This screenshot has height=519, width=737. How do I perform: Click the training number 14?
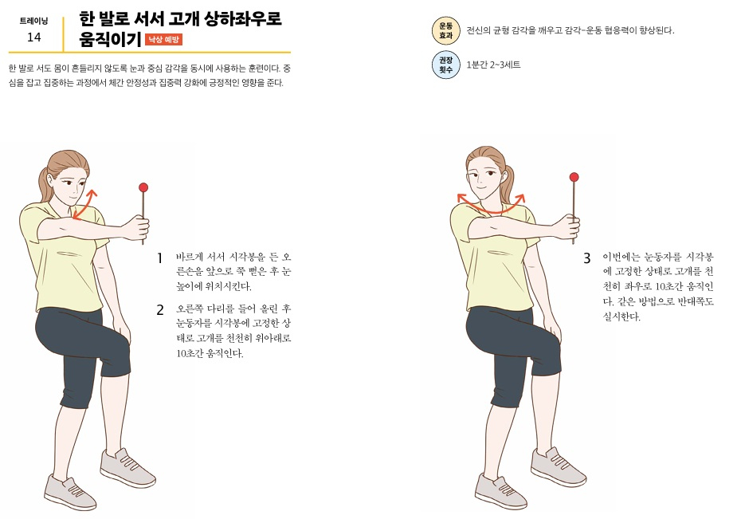click(33, 37)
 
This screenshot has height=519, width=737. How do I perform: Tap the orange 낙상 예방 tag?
click(163, 39)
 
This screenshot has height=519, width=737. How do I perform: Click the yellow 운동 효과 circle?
click(445, 31)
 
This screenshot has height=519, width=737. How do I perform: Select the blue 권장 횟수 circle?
click(445, 65)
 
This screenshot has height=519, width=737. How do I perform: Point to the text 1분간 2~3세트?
click(493, 65)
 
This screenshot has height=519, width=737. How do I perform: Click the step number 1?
click(159, 258)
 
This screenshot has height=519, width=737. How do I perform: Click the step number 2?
click(159, 309)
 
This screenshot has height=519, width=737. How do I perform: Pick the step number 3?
click(586, 258)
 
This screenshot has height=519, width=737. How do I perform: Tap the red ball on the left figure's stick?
click(143, 188)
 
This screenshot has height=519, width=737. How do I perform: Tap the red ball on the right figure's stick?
click(574, 177)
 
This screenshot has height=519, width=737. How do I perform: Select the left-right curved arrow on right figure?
click(491, 204)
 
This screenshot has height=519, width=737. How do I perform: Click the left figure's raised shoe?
click(127, 466)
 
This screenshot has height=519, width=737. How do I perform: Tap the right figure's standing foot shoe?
click(500, 490)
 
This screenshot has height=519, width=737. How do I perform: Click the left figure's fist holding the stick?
click(141, 229)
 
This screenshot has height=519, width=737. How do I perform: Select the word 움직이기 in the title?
click(108, 39)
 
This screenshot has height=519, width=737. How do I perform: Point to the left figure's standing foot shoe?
click(69, 491)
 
